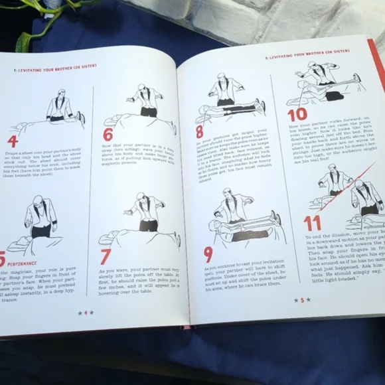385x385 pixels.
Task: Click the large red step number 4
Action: pos(12,141)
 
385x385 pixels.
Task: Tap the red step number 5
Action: pos(3,259)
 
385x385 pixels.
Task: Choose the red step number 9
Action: pos(208,254)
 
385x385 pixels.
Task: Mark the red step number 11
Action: pos(313,222)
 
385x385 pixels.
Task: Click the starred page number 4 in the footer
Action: pos(86,313)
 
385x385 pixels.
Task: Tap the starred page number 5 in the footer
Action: pos(302,300)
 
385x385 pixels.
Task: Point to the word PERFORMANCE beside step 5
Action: pos(23,263)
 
